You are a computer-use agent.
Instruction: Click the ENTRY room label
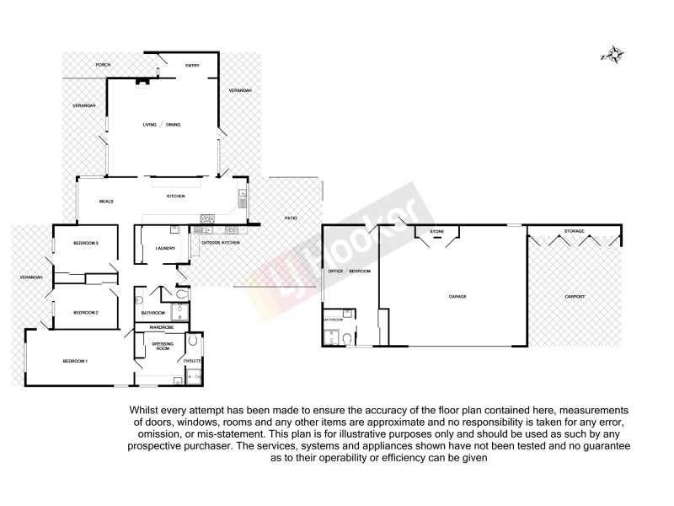click(x=192, y=65)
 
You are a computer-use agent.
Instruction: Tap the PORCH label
click(x=103, y=65)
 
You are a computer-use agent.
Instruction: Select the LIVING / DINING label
click(x=161, y=125)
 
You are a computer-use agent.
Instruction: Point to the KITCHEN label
click(x=175, y=196)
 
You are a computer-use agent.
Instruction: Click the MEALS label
click(x=107, y=202)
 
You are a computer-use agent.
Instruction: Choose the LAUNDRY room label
click(x=164, y=248)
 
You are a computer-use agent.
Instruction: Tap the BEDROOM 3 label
click(x=86, y=243)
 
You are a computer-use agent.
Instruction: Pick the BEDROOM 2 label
click(x=86, y=313)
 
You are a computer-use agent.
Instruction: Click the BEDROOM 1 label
click(x=75, y=362)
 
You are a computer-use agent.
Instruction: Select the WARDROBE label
click(x=161, y=326)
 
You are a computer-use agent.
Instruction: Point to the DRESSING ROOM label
click(x=162, y=345)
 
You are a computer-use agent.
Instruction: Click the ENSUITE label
click(x=193, y=361)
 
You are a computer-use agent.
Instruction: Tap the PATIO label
click(x=290, y=218)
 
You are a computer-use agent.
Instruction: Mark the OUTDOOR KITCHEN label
click(x=220, y=242)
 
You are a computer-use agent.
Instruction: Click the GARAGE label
click(x=457, y=296)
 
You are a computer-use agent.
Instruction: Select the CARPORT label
click(x=575, y=297)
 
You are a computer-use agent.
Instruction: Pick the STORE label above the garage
click(x=436, y=230)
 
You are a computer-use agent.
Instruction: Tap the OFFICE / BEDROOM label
click(x=349, y=272)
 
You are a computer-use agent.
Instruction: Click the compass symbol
click(x=612, y=56)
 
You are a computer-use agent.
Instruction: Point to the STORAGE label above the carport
click(x=574, y=230)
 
